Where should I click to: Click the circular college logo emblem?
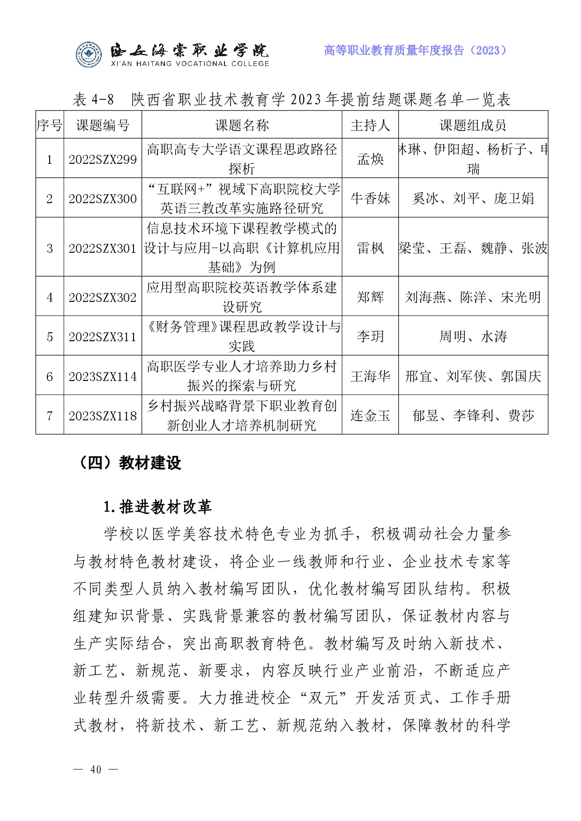coord(89,55)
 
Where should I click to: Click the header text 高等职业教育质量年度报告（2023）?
coord(416,51)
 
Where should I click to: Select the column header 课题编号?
coord(103,125)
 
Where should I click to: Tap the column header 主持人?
coord(370,125)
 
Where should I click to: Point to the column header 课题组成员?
coord(473,125)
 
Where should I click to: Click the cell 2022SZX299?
coord(103,160)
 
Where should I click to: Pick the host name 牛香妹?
coord(370,198)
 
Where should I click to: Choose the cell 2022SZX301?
coord(103,248)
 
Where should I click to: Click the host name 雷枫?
coord(370,248)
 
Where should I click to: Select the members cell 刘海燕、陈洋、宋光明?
coord(473,297)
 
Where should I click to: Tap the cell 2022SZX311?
coord(103,337)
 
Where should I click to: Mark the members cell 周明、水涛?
coord(473,337)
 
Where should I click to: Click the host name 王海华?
coord(370,376)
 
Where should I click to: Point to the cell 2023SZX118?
coord(103,416)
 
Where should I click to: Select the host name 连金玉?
coord(370,416)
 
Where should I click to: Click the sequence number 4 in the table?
coord(50,298)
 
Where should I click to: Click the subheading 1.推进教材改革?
coord(157,506)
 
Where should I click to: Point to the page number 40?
coord(96,770)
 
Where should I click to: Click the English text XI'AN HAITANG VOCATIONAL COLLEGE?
coord(190,64)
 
